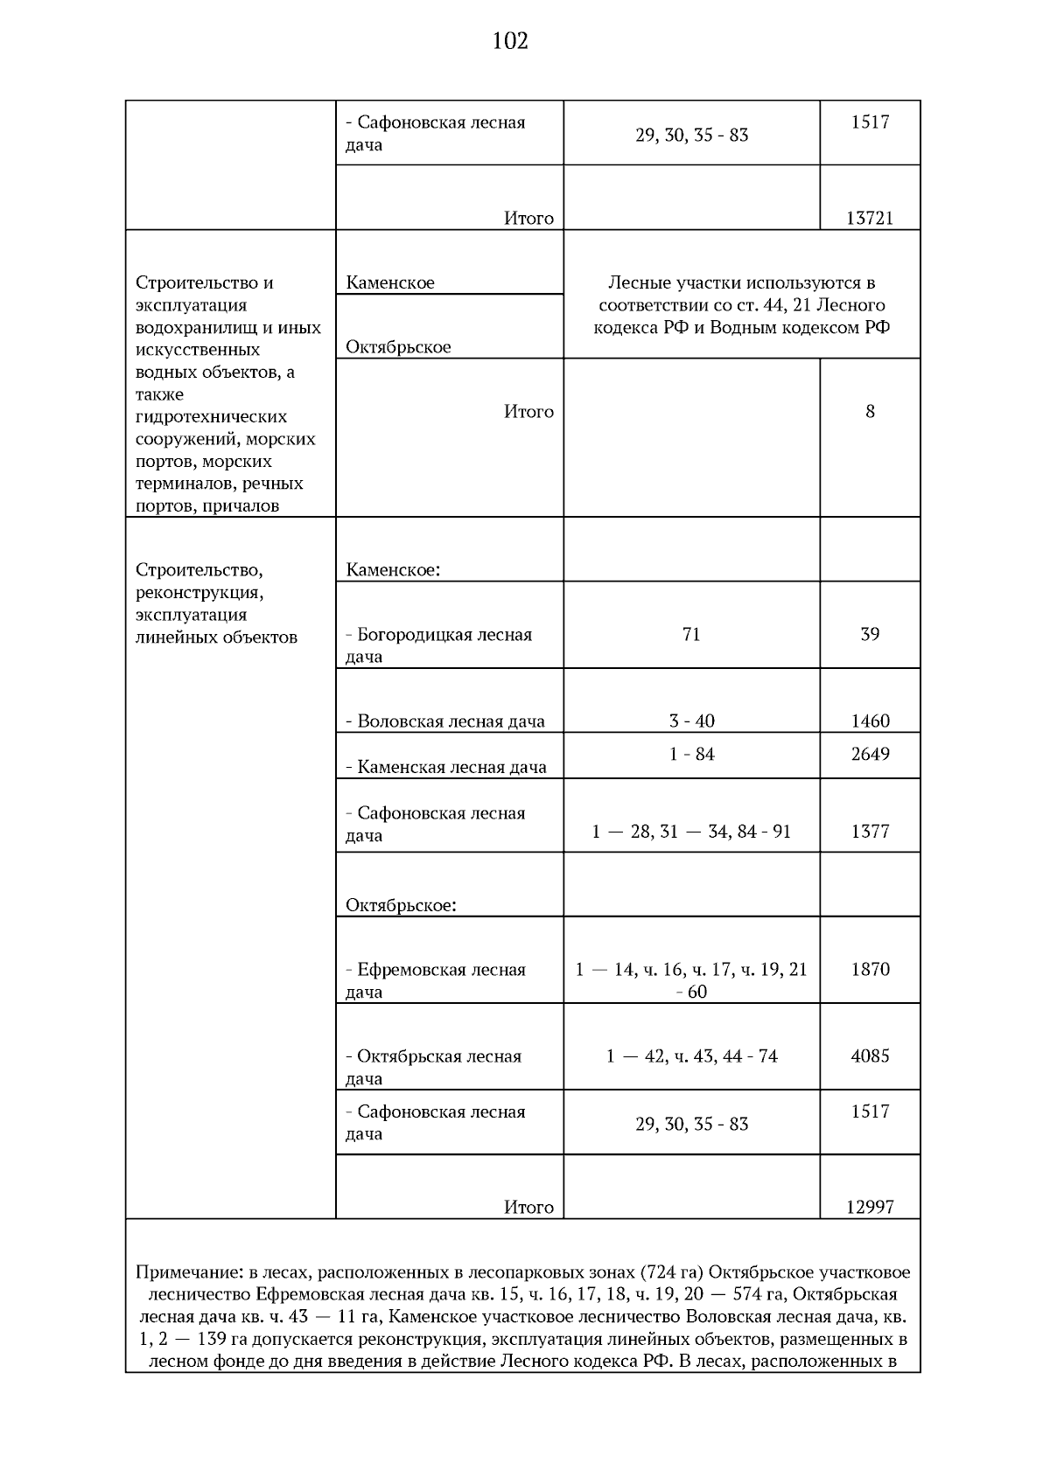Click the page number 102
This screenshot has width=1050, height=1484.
[510, 41]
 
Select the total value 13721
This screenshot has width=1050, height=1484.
[870, 218]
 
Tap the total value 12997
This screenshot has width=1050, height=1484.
[870, 1207]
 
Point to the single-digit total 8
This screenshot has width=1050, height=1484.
[870, 411]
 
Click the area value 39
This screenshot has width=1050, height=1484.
[870, 634]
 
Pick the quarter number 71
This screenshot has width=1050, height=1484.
[691, 634]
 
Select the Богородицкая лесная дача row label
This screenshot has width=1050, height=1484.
[439, 645]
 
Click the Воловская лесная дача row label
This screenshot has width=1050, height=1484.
[445, 721]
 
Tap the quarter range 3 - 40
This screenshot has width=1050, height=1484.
[691, 721]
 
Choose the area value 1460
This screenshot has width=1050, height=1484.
[870, 721]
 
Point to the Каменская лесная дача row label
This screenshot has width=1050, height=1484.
[446, 767]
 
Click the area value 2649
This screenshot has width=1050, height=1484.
[870, 754]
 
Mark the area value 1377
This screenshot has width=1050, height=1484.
[870, 831]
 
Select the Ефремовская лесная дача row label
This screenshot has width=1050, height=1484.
[436, 980]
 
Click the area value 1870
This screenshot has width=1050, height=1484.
[870, 969]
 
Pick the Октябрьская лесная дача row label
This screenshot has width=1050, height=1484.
[434, 1067]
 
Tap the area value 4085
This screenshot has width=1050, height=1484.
[870, 1056]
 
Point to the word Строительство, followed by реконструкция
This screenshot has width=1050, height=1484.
[199, 570]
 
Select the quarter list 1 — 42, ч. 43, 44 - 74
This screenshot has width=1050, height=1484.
[691, 1056]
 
